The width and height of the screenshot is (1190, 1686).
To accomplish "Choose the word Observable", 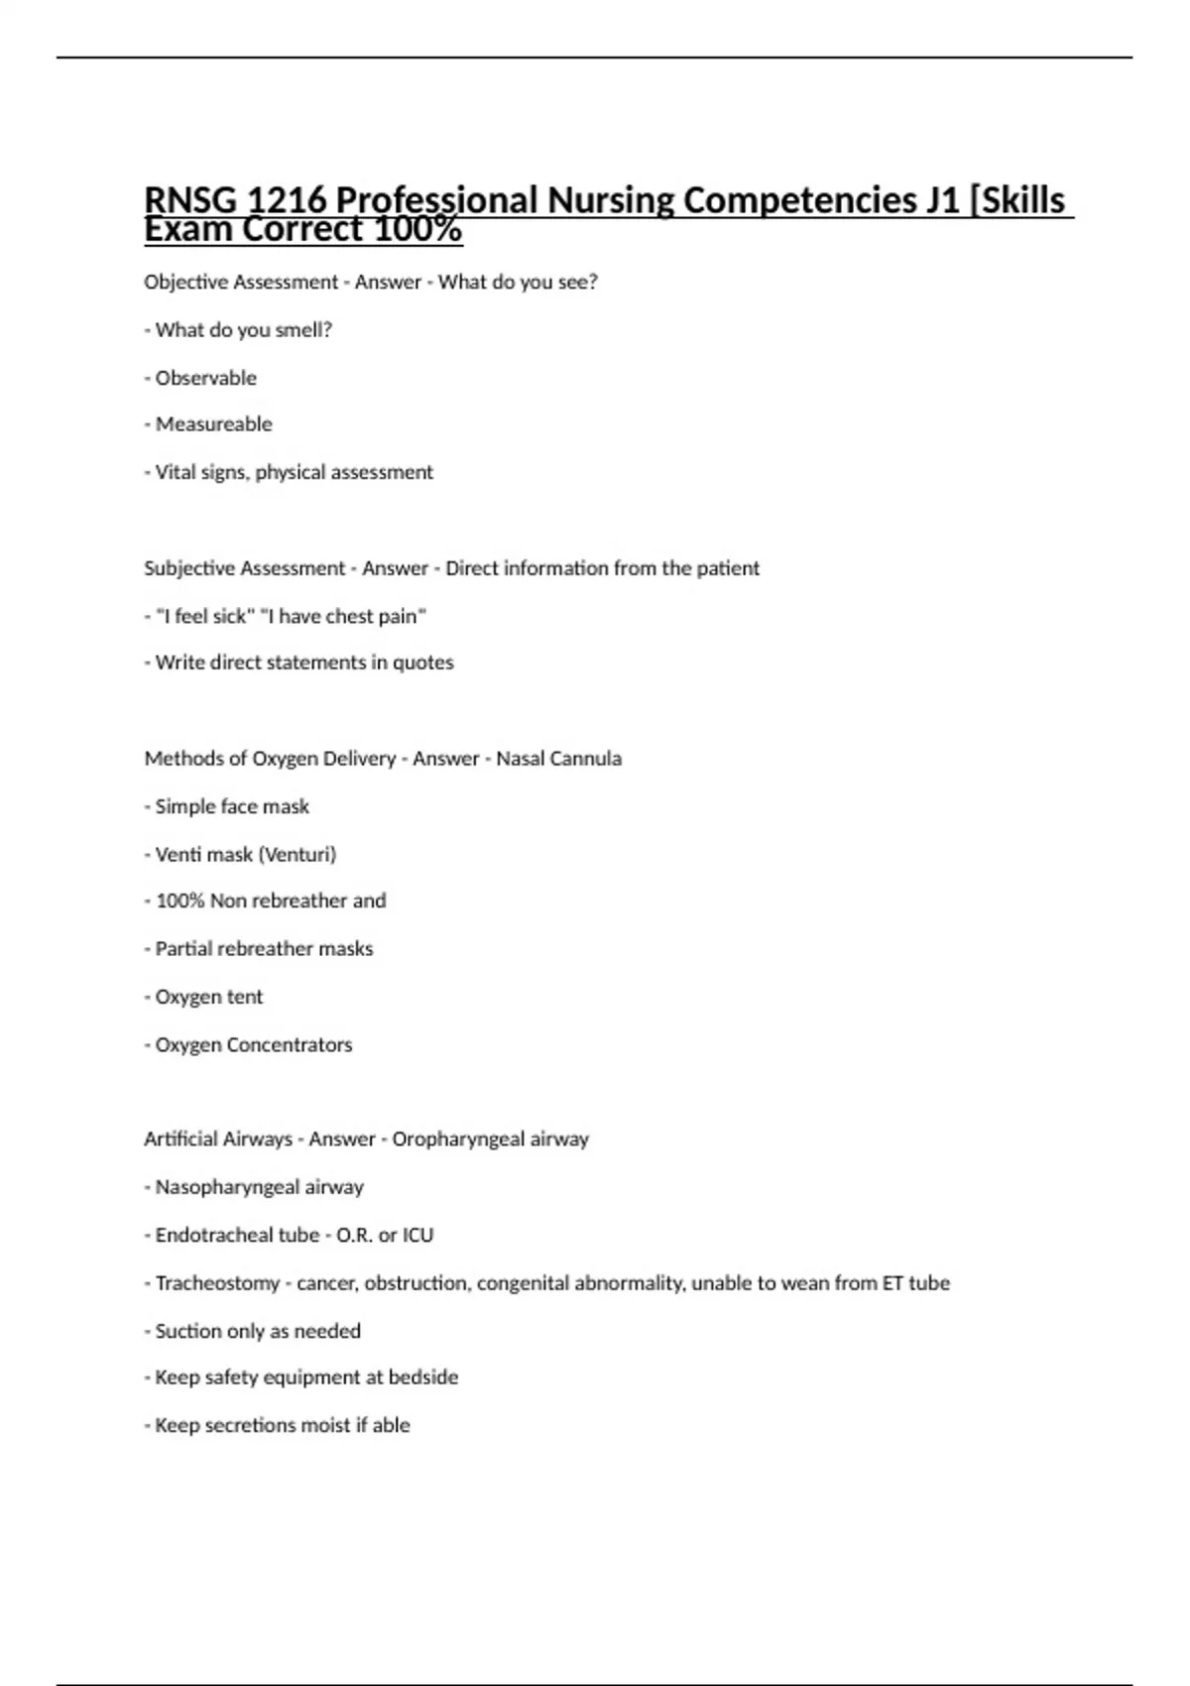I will [x=205, y=378].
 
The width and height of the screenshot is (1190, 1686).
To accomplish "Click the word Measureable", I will [x=213, y=424].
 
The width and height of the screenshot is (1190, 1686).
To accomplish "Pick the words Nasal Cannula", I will [x=558, y=759].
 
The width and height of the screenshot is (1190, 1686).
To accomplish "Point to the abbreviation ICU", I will [x=417, y=1235].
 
